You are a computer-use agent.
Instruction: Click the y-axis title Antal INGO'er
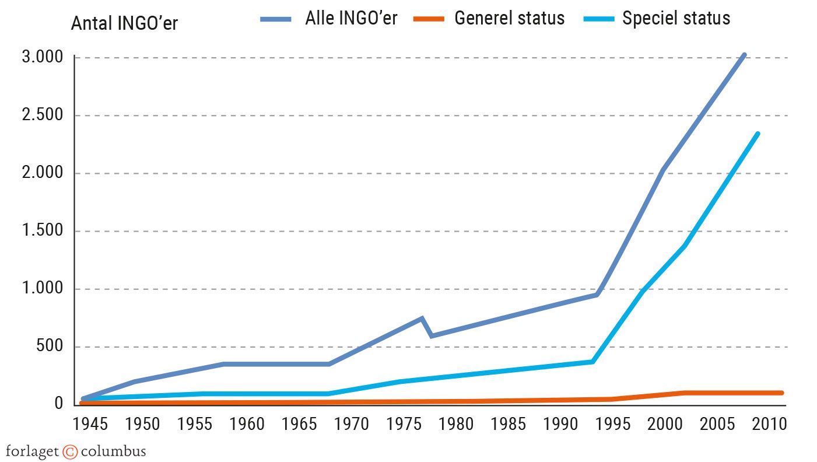point(124,24)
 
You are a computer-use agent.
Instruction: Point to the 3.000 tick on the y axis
point(42,58)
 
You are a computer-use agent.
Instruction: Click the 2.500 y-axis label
point(42,116)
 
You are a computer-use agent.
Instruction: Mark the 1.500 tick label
point(42,231)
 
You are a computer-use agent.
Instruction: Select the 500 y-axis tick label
point(50,346)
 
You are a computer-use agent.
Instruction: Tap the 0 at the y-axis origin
point(58,404)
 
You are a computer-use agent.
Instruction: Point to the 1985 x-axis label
point(507,424)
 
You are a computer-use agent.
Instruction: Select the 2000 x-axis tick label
point(664,424)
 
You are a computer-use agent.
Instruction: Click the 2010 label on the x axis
point(767,424)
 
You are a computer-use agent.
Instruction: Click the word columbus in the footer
point(113,452)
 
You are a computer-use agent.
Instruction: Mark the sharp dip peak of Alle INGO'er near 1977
point(422,318)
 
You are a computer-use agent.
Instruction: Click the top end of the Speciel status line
point(758,134)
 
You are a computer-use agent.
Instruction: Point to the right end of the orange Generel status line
point(781,393)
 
